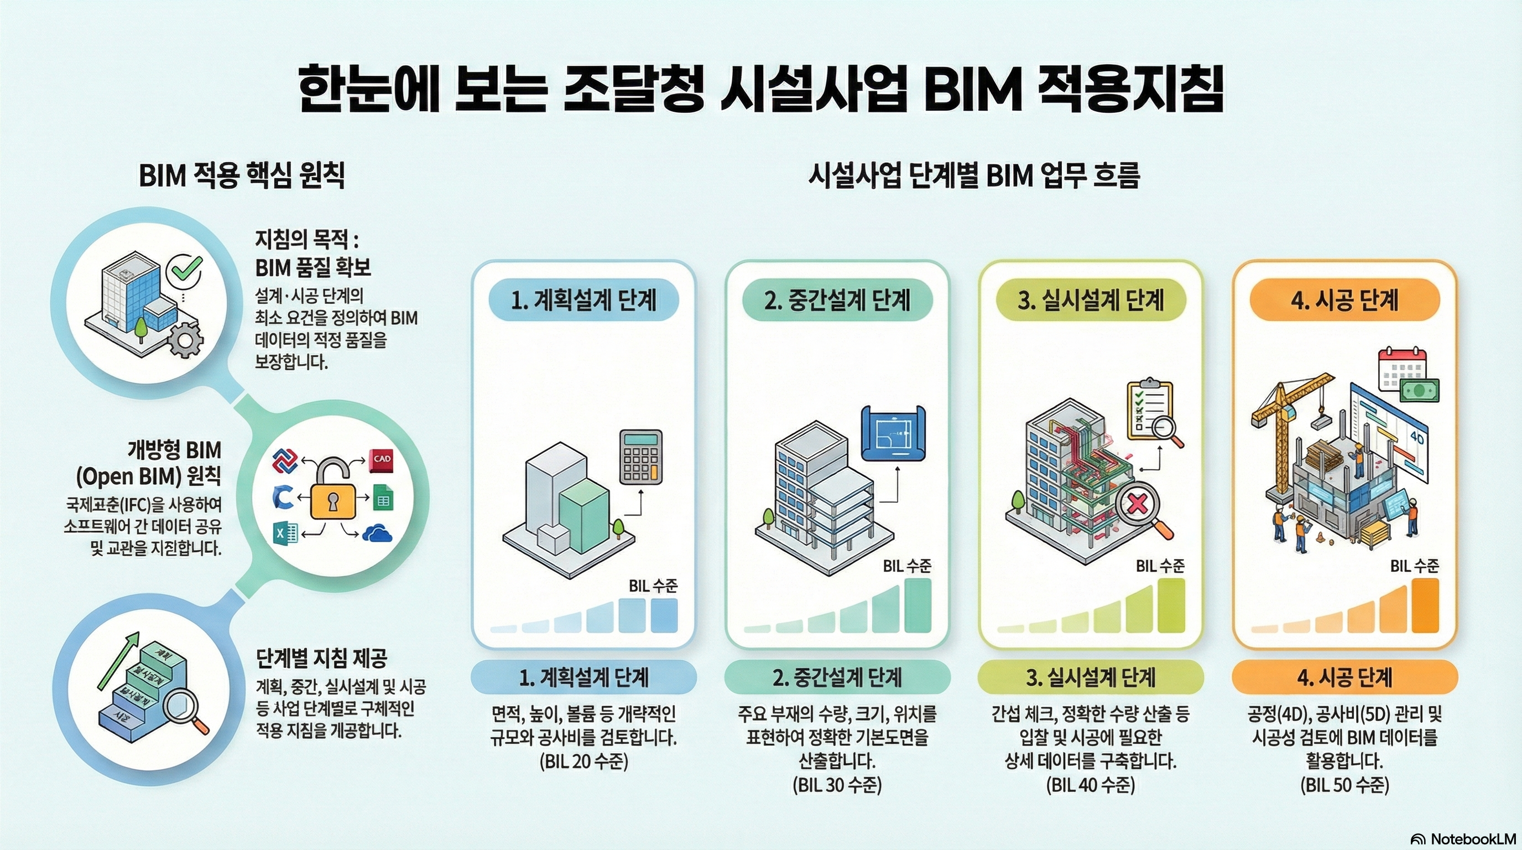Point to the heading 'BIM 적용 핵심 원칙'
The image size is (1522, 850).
(242, 175)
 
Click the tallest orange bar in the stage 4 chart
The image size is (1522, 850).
(1425, 606)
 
